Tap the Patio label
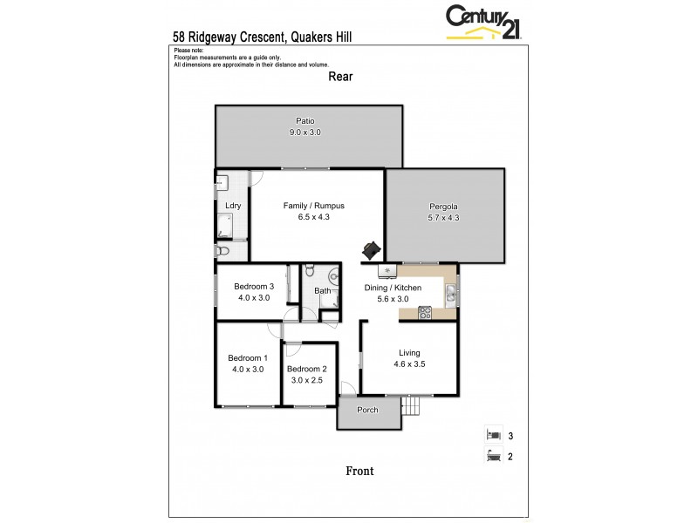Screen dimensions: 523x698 [305, 120]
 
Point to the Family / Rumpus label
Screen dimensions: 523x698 [313, 206]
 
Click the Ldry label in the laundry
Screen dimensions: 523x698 [233, 206]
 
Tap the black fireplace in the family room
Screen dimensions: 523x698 [372, 250]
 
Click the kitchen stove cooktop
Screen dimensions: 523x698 [425, 311]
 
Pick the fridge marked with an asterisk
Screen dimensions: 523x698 [383, 272]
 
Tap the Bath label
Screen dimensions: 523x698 [322, 291]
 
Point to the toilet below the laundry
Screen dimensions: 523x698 [222, 251]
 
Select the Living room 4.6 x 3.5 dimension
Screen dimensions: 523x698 [408, 364]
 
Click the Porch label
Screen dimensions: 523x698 [367, 410]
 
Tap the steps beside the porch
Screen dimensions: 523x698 [411, 406]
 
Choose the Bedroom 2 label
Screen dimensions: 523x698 [306, 368]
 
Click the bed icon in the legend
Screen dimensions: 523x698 [493, 434]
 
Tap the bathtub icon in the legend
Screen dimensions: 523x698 [493, 454]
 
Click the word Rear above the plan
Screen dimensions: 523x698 [339, 76]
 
